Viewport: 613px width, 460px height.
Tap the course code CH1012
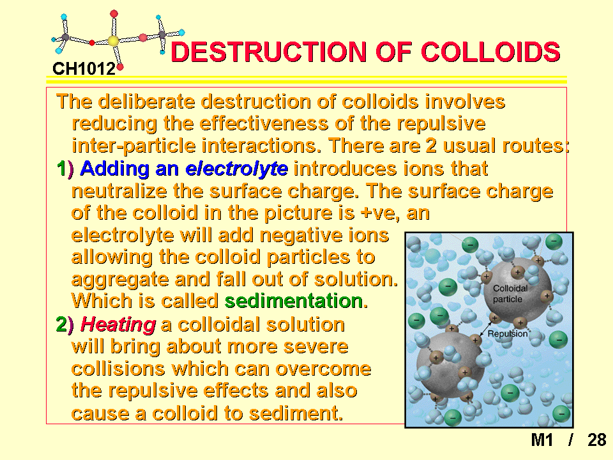tap(84, 69)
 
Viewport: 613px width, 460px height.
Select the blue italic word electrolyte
tap(237, 169)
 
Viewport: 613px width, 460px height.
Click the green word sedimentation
tap(294, 301)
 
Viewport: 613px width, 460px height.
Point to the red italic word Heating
tap(119, 325)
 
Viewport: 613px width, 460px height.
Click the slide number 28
tap(596, 440)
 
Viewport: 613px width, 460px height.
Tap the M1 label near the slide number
tap(542, 440)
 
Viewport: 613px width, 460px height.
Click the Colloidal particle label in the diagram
tap(510, 294)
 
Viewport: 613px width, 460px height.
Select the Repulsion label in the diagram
tap(508, 333)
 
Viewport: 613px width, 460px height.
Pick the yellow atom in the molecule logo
tap(113, 41)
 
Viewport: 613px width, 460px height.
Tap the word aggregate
tap(120, 280)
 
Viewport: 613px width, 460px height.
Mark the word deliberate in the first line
tap(146, 102)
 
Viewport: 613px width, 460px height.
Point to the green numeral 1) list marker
tap(65, 169)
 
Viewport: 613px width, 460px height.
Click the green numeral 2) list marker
tap(65, 325)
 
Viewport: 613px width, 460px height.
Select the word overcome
tap(323, 369)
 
